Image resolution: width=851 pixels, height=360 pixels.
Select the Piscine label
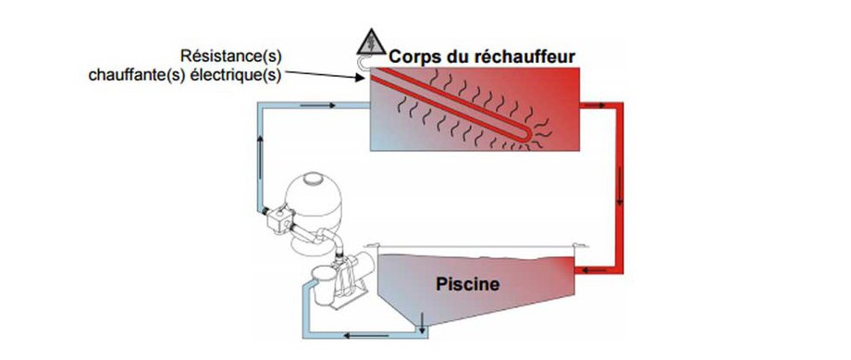point(467,284)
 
